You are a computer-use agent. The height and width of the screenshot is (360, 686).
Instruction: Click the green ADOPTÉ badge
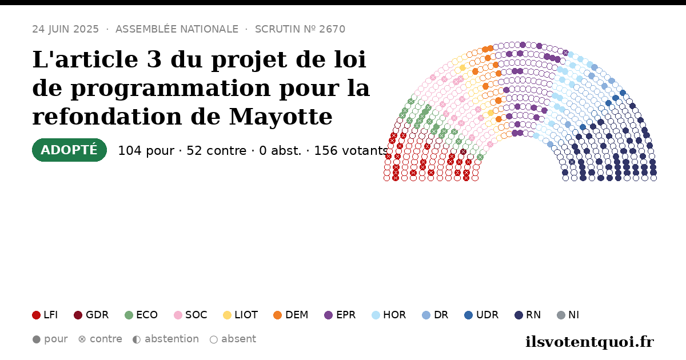pyautogui.click(x=69, y=150)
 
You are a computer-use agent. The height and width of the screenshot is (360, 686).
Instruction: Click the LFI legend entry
pyautogui.click(x=45, y=315)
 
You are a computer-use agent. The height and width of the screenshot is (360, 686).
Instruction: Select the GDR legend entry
pyautogui.click(x=91, y=315)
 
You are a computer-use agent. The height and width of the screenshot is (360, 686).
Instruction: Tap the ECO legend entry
pyautogui.click(x=141, y=315)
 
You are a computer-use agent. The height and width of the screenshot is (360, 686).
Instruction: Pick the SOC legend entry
pyautogui.click(x=190, y=315)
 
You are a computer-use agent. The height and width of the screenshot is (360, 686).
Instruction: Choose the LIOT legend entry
pyautogui.click(x=241, y=315)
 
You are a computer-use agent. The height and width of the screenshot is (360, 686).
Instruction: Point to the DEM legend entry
pyautogui.click(x=290, y=315)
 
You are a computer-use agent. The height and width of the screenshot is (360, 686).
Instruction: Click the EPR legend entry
pyautogui.click(x=340, y=315)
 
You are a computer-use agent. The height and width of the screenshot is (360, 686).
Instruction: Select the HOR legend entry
pyautogui.click(x=389, y=315)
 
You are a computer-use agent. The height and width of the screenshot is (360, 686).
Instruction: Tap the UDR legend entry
pyautogui.click(x=481, y=315)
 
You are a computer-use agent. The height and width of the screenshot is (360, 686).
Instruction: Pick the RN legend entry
pyautogui.click(x=528, y=315)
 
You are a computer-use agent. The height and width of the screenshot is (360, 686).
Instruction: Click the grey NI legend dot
pyautogui.click(x=561, y=315)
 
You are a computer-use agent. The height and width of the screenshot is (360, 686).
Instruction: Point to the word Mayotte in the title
pyautogui.click(x=281, y=117)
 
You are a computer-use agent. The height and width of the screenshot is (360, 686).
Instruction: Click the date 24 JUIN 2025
pyautogui.click(x=66, y=29)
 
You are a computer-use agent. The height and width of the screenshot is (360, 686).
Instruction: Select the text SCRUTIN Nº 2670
pyautogui.click(x=300, y=29)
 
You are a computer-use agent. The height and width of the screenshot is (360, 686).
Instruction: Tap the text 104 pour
pyautogui.click(x=146, y=151)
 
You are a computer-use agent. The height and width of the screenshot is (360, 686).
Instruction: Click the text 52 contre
pyautogui.click(x=217, y=151)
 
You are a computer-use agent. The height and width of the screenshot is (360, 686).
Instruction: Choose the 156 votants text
pyautogui.click(x=351, y=151)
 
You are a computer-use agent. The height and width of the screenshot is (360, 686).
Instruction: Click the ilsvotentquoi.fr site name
pyautogui.click(x=590, y=342)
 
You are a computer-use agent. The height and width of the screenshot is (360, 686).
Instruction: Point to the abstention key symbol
pyautogui.click(x=137, y=339)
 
